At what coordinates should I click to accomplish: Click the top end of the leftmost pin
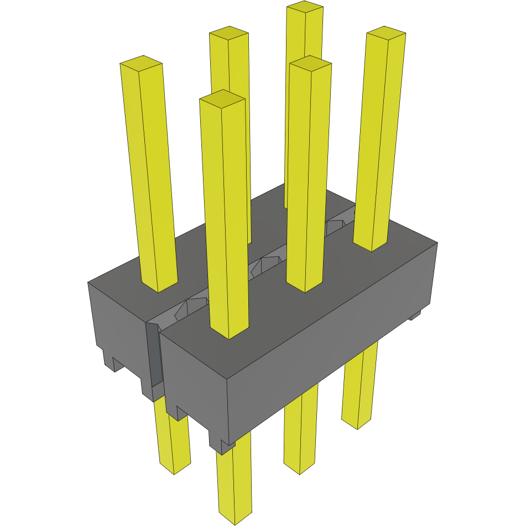tap(141, 64)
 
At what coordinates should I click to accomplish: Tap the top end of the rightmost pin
tap(386, 34)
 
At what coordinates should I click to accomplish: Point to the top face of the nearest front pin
tap(222, 98)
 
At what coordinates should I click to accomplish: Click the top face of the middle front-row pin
tap(310, 64)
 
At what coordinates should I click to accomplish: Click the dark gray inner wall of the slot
tap(154, 354)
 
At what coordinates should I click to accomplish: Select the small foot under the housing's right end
tap(415, 315)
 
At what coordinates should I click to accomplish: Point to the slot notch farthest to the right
tap(334, 227)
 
